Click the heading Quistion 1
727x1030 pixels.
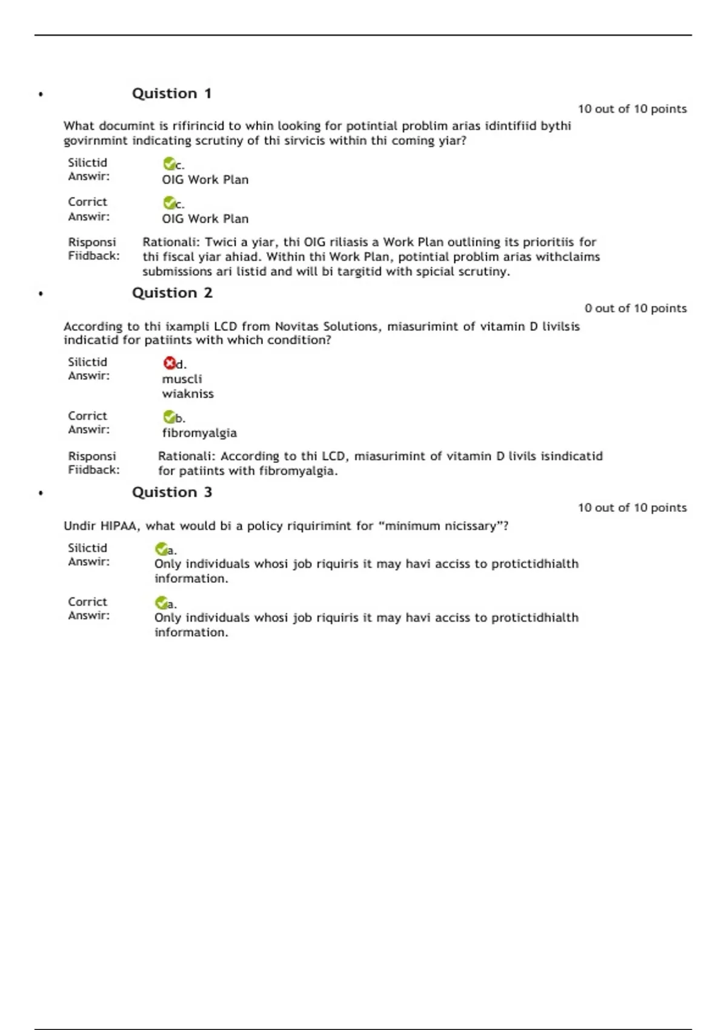pos(171,93)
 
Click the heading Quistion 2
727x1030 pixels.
pos(172,293)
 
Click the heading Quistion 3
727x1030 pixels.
pos(172,492)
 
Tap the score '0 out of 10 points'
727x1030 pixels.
pos(636,308)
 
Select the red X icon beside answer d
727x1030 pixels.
pos(169,363)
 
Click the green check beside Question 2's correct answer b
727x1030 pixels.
pos(169,417)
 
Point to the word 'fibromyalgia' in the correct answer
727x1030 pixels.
pos(199,433)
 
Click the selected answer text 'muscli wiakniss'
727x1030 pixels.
pos(187,386)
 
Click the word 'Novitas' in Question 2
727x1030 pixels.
pos(297,327)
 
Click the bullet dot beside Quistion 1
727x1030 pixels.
pos(41,95)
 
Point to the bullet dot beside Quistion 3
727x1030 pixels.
pos(41,493)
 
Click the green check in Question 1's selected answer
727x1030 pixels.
pos(169,164)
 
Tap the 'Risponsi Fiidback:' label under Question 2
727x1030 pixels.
pos(93,463)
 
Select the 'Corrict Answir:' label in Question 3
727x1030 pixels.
pos(88,608)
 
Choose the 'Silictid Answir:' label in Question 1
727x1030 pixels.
pos(88,170)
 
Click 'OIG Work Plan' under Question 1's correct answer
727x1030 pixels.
pos(205,219)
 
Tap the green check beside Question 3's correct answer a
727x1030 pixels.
pos(161,603)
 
